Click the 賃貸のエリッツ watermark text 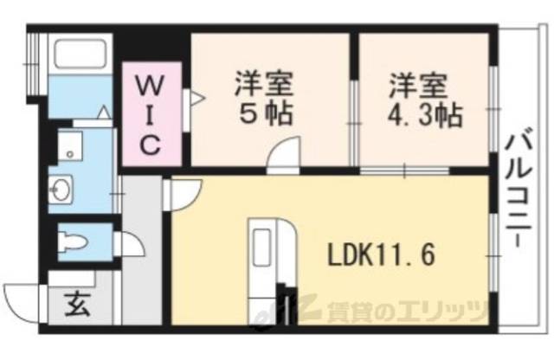coord(406,310)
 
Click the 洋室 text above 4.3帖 coord(417,87)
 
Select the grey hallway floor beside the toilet coord(143,260)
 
